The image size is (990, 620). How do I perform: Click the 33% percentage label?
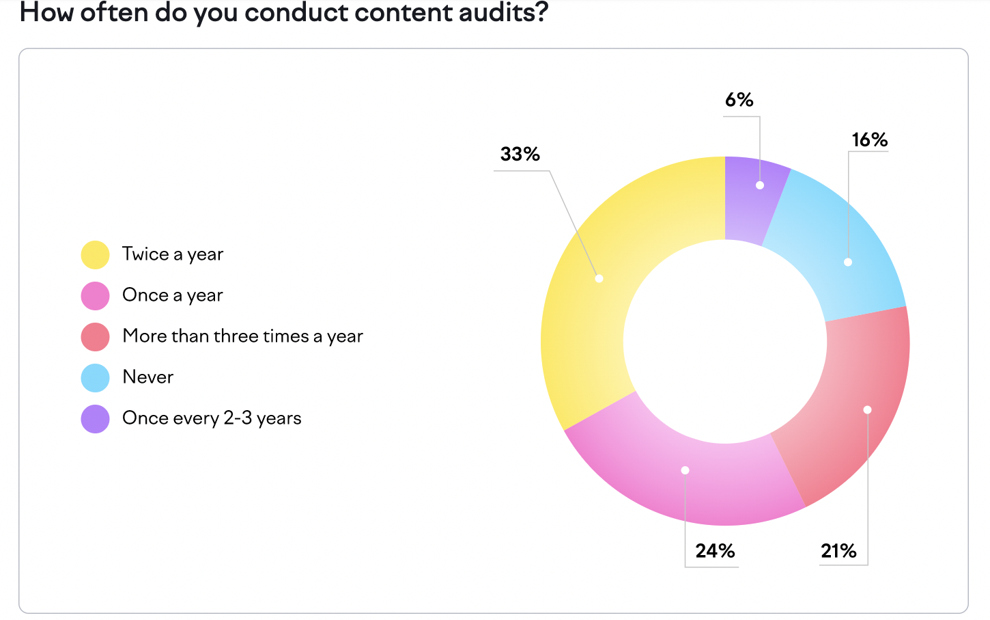tap(520, 154)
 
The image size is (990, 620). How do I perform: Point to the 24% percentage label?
tap(715, 551)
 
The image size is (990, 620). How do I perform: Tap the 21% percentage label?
tap(838, 551)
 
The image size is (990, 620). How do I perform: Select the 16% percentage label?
tap(869, 140)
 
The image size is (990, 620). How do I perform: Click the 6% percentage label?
tap(739, 100)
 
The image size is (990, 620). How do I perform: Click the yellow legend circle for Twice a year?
tap(96, 255)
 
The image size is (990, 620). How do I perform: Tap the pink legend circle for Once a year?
tap(96, 296)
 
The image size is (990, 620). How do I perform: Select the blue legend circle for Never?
tap(96, 378)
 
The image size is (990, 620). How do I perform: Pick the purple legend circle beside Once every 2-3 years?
tap(96, 419)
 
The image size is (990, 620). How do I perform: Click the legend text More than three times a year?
tap(242, 336)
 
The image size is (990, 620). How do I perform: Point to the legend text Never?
tap(147, 377)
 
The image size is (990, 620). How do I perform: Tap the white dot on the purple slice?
tap(760, 185)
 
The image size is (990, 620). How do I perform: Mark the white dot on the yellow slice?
tap(599, 278)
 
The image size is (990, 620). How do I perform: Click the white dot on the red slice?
tap(867, 410)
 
